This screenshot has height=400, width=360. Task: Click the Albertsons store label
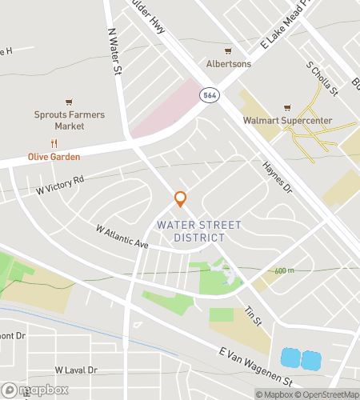228,64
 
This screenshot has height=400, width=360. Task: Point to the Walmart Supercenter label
287,122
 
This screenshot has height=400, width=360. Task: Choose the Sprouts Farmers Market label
70,121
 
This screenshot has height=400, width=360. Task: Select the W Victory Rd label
60,186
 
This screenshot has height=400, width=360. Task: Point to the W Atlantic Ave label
122,236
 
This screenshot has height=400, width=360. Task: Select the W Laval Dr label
76,370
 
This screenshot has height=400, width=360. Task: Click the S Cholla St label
322,77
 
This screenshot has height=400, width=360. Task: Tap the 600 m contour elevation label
284,271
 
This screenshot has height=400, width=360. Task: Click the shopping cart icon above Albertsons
228,50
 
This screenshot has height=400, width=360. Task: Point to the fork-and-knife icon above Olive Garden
54,144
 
